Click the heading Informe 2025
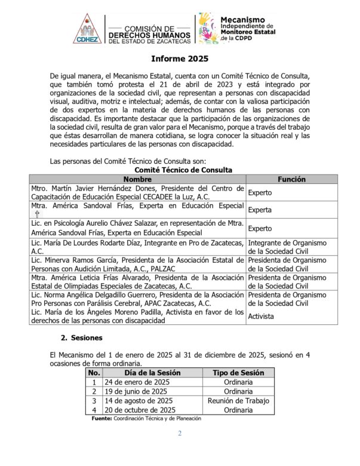point(180,60)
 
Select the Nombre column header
point(137,179)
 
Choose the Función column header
point(292,179)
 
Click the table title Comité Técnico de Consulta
point(180,170)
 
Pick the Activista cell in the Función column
point(261,316)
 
